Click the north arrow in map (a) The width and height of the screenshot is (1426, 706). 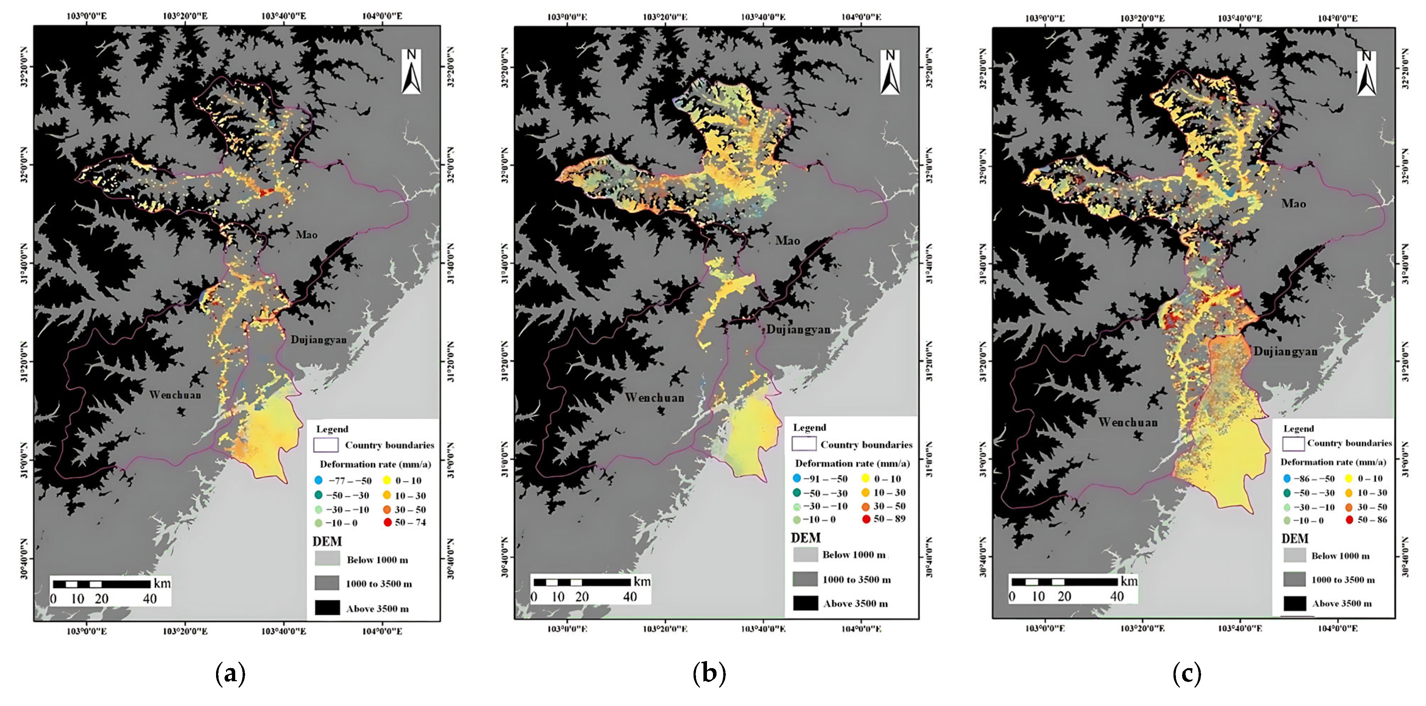tap(411, 72)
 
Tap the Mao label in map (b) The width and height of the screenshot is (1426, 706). tap(787, 241)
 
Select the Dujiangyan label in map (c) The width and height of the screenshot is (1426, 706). tap(1285, 351)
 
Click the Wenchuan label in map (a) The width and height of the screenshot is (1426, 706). tap(175, 394)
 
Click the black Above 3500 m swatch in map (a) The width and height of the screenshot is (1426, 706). tap(327, 608)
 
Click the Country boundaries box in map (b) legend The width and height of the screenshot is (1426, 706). tap(804, 444)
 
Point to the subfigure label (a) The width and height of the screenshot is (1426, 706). tap(230, 674)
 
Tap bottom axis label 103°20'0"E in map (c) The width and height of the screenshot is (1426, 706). tap(1142, 628)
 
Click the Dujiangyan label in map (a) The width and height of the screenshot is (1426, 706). tap(318, 339)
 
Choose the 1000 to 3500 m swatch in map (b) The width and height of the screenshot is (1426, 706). tap(805, 579)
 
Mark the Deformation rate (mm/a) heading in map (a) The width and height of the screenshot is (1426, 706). tap(375, 464)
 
